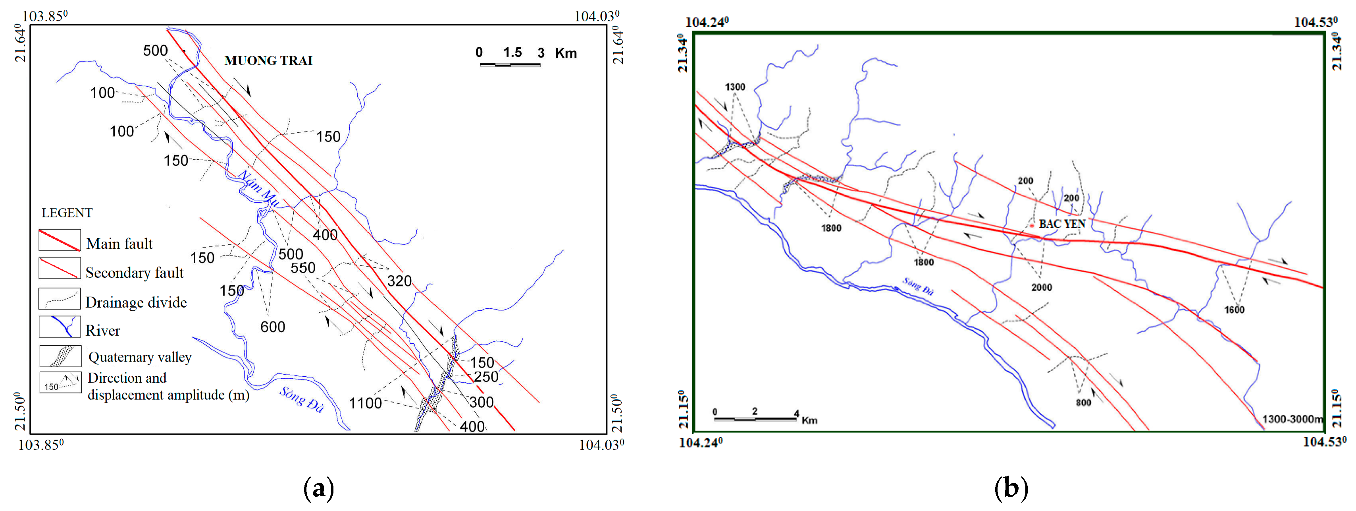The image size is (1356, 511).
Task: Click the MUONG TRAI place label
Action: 268,60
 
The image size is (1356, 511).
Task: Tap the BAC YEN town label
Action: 1062,224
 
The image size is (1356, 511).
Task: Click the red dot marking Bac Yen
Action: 1032,225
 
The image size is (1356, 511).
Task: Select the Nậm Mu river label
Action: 258,188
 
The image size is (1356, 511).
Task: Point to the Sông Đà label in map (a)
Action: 301,399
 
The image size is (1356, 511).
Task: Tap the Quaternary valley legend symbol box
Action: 60,356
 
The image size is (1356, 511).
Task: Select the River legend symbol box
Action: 60,327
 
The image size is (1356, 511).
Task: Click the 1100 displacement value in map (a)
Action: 365,403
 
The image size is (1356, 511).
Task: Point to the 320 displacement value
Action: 399,281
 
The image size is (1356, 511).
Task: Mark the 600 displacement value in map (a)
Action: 273,327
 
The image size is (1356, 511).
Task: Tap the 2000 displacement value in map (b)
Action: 1041,288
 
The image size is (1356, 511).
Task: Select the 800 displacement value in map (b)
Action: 1083,403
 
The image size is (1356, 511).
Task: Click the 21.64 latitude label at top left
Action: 20,43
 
